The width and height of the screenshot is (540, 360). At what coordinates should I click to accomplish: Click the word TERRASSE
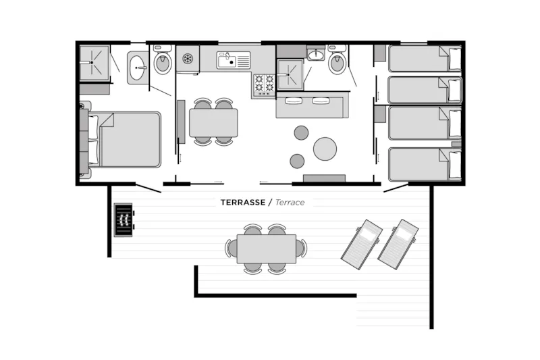click(x=243, y=202)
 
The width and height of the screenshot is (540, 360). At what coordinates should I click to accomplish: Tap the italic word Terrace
click(x=290, y=202)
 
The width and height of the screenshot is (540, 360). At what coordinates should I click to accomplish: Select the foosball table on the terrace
click(x=124, y=220)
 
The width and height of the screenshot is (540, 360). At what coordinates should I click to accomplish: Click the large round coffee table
click(x=325, y=149)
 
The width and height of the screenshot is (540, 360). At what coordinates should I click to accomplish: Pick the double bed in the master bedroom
click(x=125, y=139)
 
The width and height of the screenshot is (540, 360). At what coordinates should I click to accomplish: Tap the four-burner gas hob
click(x=264, y=84)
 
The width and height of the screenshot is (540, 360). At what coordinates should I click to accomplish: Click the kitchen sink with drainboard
click(x=233, y=60)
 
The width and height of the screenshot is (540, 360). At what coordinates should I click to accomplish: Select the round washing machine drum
click(x=188, y=58)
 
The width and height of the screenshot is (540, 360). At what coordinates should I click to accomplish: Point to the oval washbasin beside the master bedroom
click(x=138, y=68)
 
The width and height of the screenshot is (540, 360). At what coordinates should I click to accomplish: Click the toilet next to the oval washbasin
click(x=163, y=59)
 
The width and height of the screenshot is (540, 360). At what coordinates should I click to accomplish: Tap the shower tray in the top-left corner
click(x=94, y=63)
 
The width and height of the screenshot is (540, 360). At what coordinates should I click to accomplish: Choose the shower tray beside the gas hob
click(x=290, y=74)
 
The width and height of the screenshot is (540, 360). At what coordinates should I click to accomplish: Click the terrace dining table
click(x=266, y=249)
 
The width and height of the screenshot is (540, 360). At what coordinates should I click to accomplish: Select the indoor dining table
click(x=213, y=123)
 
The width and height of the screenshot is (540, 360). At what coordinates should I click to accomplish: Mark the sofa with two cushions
click(x=313, y=105)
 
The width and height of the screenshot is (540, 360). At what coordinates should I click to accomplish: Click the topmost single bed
click(x=425, y=58)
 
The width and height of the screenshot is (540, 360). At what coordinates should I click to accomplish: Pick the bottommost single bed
click(x=425, y=164)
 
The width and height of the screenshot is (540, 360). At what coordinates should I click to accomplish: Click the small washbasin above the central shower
click(x=315, y=55)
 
